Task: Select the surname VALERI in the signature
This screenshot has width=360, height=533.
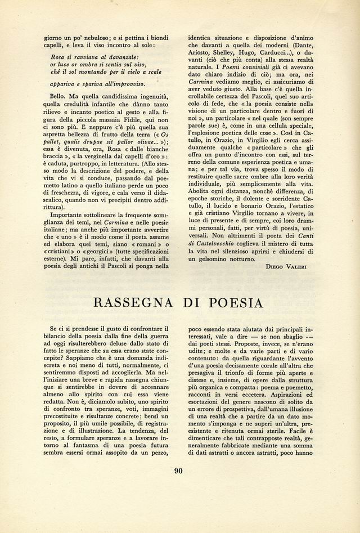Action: pyautogui.click(x=295, y=266)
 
